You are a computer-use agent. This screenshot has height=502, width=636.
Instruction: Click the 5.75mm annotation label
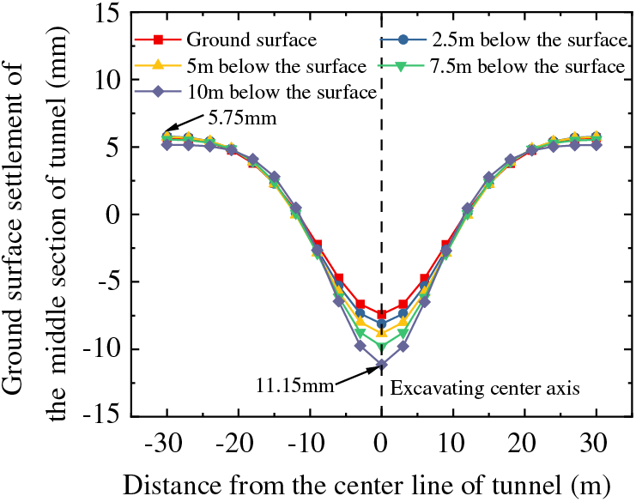[x=241, y=118]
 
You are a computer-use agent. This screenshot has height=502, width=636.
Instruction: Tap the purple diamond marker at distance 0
[x=381, y=365]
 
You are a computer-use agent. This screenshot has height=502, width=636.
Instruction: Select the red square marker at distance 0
[x=381, y=315]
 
